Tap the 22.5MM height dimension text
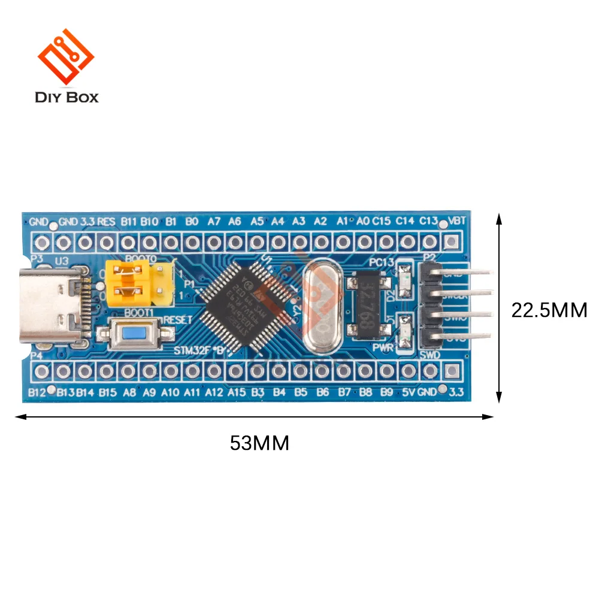[549, 310]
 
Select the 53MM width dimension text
[259, 443]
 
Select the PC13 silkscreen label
[382, 262]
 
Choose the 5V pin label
[409, 393]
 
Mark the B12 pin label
[37, 393]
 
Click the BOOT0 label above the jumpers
[140, 259]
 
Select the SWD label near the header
[431, 356]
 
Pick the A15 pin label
[237, 393]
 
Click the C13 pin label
[428, 220]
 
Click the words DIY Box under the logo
[66, 97]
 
